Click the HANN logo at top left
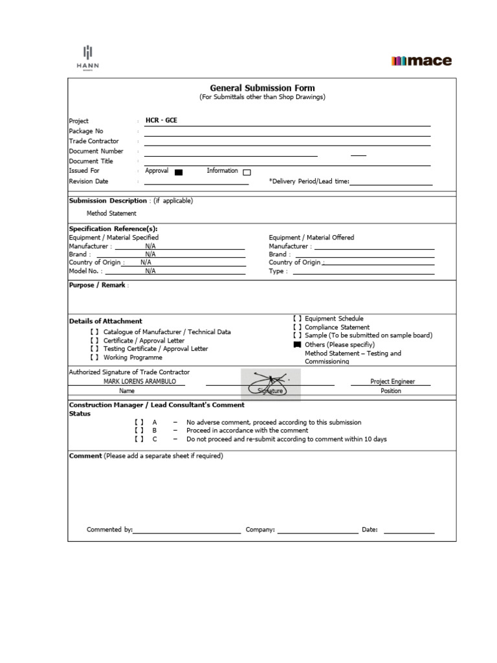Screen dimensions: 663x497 [87, 57]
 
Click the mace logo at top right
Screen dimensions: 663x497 [421, 62]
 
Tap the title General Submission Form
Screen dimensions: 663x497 [262, 88]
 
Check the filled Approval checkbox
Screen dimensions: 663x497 [179, 172]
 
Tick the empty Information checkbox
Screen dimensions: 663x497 [247, 172]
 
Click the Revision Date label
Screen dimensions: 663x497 [89, 181]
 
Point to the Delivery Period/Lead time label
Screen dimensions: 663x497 [309, 182]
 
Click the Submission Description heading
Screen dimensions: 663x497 [108, 201]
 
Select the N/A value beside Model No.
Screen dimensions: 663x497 [150, 271]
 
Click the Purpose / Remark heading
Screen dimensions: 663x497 [97, 285]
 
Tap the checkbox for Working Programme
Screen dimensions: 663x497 [94, 357]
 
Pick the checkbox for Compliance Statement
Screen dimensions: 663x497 [297, 328]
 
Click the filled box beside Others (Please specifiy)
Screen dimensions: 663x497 [297, 345]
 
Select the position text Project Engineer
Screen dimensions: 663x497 [392, 382]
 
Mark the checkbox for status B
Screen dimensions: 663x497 [139, 431]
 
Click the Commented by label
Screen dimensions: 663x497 [109, 530]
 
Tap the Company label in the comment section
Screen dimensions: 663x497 [260, 530]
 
